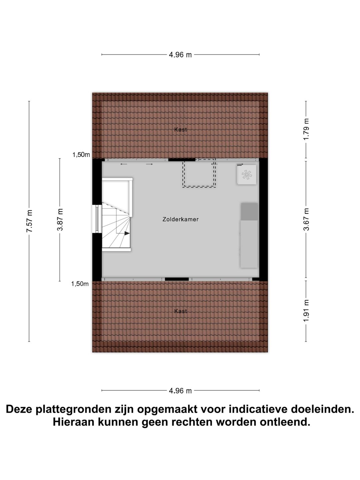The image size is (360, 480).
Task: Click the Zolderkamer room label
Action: [180, 219]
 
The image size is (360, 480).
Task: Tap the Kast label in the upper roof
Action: [180, 130]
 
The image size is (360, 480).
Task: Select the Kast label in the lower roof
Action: [180, 311]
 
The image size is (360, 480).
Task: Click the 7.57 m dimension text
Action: [29, 221]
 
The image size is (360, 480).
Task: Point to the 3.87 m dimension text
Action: [60, 219]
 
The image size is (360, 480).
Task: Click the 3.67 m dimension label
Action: [306, 219]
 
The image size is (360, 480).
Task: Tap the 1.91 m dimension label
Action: [306, 311]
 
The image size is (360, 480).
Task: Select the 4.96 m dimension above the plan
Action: [180, 55]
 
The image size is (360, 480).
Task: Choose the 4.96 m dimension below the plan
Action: [180, 391]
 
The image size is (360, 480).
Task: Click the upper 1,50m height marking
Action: [81, 155]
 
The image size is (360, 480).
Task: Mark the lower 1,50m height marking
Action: [80, 284]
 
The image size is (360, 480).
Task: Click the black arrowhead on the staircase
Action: [127, 233]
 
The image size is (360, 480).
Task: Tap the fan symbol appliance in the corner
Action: [247, 174]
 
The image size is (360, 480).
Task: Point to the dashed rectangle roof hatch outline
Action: [199, 174]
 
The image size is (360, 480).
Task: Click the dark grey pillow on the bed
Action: [249, 212]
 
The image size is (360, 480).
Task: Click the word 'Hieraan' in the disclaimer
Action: [73, 422]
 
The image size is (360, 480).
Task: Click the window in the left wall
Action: [97, 219]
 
